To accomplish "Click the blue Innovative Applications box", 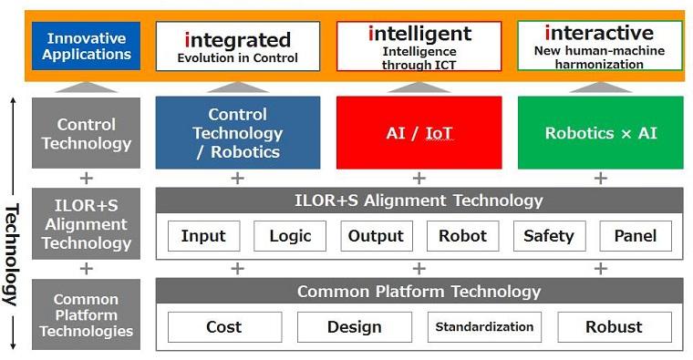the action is click(87, 46).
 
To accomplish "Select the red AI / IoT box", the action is click(419, 132).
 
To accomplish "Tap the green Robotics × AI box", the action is click(600, 132).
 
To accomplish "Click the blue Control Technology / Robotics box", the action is click(238, 132).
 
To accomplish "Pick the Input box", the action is click(203, 236).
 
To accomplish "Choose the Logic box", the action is click(290, 236).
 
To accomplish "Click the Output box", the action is click(376, 236).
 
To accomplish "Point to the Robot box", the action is click(462, 236).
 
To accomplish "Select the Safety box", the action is click(549, 236).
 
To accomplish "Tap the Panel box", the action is click(636, 236).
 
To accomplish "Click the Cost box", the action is click(224, 327).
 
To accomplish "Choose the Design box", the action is click(355, 327).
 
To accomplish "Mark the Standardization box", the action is click(484, 327).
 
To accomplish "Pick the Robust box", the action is click(615, 327).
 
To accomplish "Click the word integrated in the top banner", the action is click(238, 40).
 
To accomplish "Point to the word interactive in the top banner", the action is click(599, 33).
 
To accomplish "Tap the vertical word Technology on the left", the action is click(12, 255).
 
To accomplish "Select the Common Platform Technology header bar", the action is click(419, 291).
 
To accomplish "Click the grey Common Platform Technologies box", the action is click(87, 314).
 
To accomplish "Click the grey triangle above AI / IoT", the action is click(419, 87).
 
